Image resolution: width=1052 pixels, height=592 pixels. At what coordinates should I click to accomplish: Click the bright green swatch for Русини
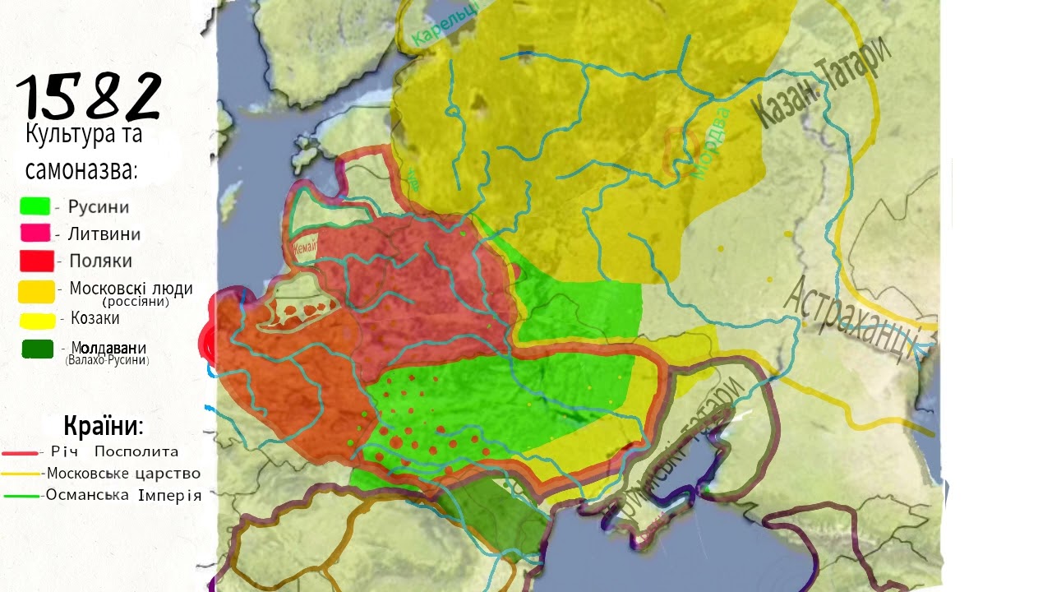pyautogui.click(x=35, y=206)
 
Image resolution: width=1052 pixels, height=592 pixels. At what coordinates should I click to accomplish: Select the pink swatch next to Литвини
pyautogui.click(x=36, y=233)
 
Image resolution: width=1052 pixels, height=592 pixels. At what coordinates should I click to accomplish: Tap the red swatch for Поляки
pyautogui.click(x=37, y=261)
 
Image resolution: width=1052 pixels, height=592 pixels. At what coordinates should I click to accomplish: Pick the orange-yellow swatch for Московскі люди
pyautogui.click(x=37, y=290)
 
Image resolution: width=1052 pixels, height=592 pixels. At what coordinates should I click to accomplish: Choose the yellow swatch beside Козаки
pyautogui.click(x=37, y=320)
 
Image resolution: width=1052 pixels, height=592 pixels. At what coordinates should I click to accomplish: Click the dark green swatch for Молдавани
pyautogui.click(x=38, y=349)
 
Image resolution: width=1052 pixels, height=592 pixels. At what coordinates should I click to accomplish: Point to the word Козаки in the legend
pyautogui.click(x=95, y=318)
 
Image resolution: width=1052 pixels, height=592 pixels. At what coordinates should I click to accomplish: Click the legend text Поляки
pyautogui.click(x=100, y=261)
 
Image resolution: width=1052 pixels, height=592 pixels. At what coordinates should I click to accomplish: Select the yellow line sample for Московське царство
pyautogui.click(x=21, y=474)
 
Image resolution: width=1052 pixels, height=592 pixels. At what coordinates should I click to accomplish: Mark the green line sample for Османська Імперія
pyautogui.click(x=21, y=496)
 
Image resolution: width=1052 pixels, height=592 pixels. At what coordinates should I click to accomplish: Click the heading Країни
pyautogui.click(x=104, y=428)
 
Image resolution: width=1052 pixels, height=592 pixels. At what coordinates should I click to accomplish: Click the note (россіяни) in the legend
pyautogui.click(x=141, y=302)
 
